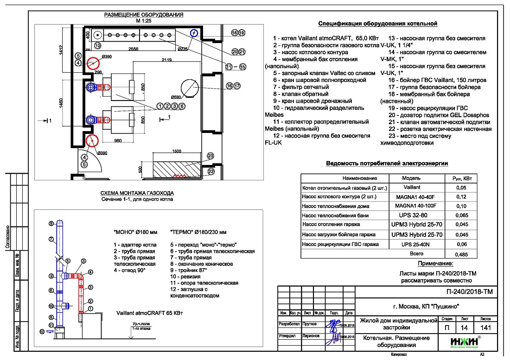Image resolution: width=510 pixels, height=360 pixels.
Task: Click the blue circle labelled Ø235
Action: click(194, 33)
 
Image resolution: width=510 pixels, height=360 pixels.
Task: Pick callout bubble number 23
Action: click(211, 156)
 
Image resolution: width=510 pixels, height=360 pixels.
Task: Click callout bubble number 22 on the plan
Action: click(211, 171)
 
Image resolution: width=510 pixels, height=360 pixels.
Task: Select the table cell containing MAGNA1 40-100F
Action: click(415, 205)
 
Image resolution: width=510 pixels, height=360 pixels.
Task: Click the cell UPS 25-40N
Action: click(415, 244)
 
